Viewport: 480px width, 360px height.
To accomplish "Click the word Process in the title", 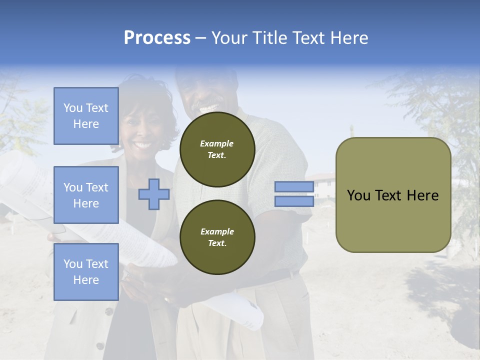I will click(157, 38).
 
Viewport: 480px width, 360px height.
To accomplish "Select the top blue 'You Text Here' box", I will click(86, 116).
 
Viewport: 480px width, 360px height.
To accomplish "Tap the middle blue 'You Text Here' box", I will click(86, 195).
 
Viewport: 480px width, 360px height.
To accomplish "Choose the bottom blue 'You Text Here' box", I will click(86, 271).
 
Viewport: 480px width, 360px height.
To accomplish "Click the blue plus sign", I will click(154, 194).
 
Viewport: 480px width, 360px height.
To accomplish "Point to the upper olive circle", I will click(217, 149).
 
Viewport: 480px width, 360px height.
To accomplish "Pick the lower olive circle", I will click(217, 237).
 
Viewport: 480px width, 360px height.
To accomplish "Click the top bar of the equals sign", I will click(294, 187).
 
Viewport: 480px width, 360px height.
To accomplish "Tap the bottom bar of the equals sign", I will click(294, 201).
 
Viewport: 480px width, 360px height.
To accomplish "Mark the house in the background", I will click(322, 185).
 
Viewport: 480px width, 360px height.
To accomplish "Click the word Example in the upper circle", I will click(217, 143).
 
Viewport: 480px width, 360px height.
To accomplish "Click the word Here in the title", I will click(347, 38).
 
